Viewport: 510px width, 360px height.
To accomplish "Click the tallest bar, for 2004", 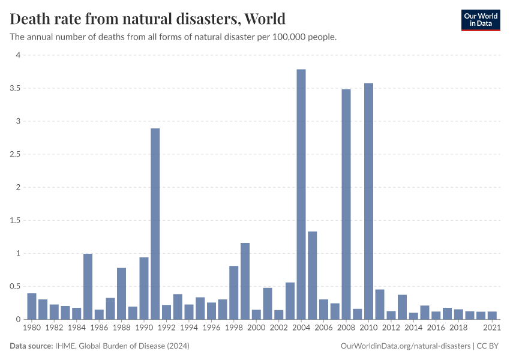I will click(x=301, y=194).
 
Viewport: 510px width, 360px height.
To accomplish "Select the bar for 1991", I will click(x=155, y=224).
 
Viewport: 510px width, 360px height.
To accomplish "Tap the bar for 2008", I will click(x=346, y=204).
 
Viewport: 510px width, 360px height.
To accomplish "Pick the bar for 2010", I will click(x=368, y=201).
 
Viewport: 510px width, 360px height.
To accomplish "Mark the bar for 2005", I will click(x=313, y=275).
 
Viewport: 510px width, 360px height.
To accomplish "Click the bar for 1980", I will click(x=32, y=306).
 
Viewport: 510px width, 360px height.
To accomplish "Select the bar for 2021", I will click(x=492, y=316).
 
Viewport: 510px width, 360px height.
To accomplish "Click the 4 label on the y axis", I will click(x=18, y=55).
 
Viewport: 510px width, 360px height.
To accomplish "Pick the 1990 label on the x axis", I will click(x=144, y=328).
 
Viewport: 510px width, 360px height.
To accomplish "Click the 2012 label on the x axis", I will click(x=391, y=328).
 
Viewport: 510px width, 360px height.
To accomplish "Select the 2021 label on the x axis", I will click(x=492, y=328).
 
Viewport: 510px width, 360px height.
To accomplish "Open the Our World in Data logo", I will click(x=480, y=20).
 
